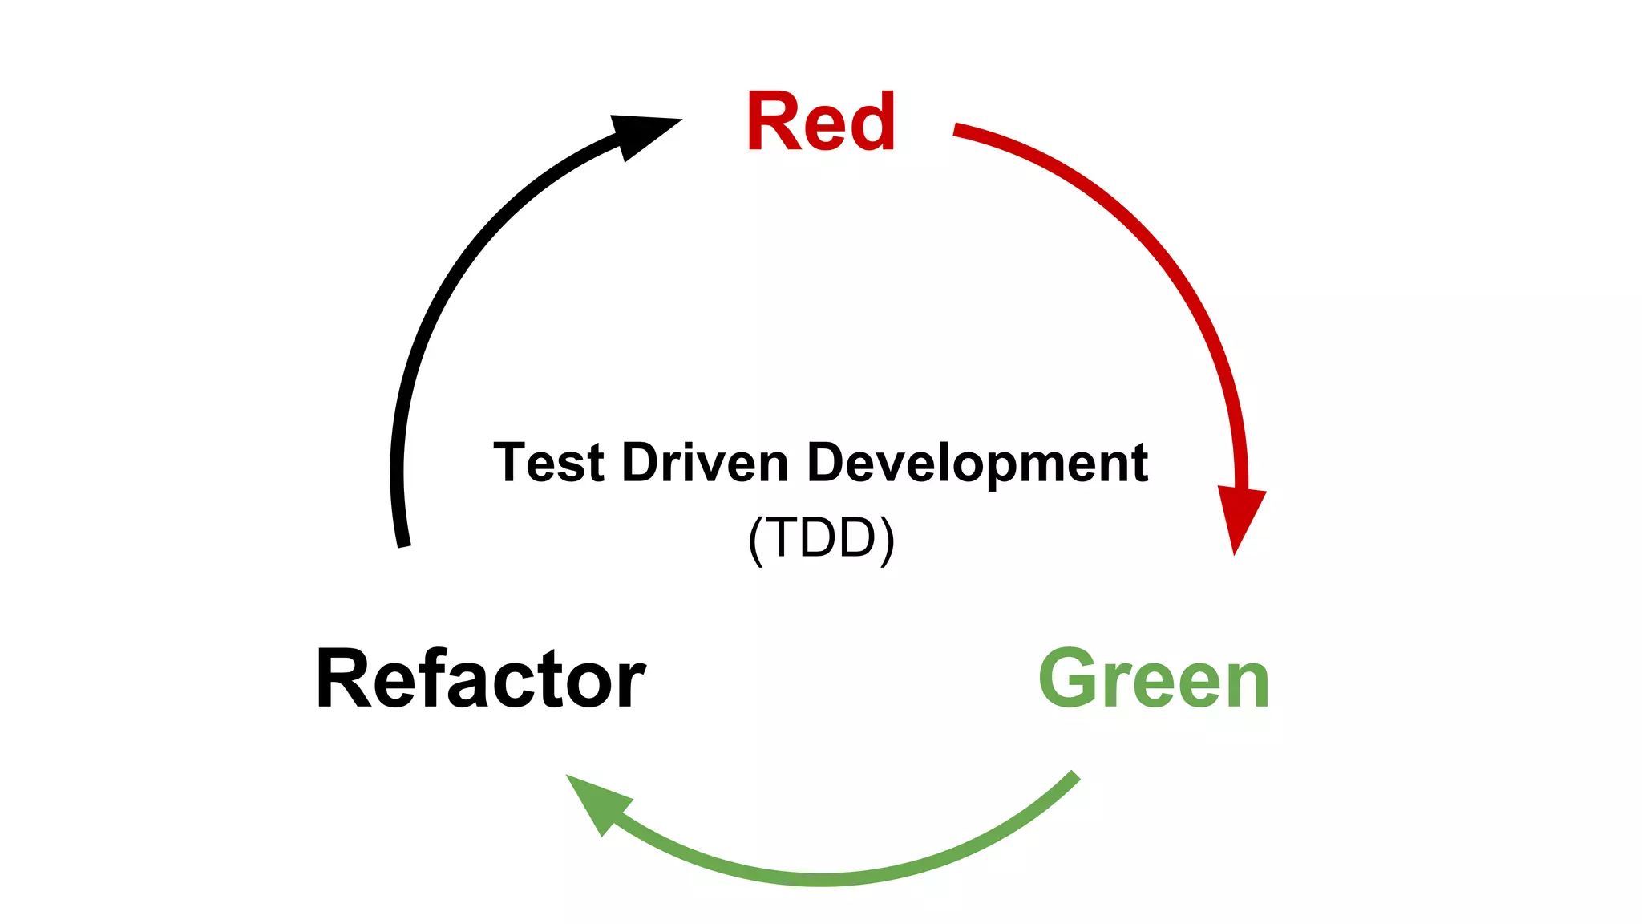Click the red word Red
pyautogui.click(x=820, y=122)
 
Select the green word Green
pyautogui.click(x=1154, y=679)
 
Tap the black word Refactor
pyautogui.click(x=481, y=679)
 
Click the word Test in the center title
pyautogui.click(x=548, y=463)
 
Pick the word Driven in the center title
pyautogui.click(x=706, y=463)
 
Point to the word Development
pyautogui.click(x=977, y=464)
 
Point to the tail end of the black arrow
pyautogui.click(x=404, y=543)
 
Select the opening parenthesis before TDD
pyautogui.click(x=755, y=539)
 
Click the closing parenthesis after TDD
pyautogui.click(x=887, y=539)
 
